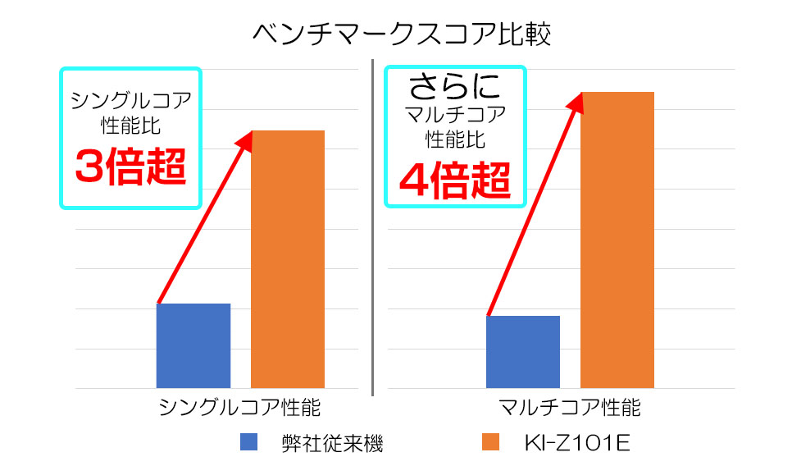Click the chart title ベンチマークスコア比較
point(396,34)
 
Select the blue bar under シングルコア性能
point(193,345)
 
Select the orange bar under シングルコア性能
point(287,258)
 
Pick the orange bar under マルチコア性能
point(617,240)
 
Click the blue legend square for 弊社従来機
point(249,442)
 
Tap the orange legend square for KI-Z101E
point(490,442)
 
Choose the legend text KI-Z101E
point(576,444)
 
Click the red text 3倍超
point(131,167)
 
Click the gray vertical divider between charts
point(373,230)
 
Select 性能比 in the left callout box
point(131,127)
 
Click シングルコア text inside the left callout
point(131,100)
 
